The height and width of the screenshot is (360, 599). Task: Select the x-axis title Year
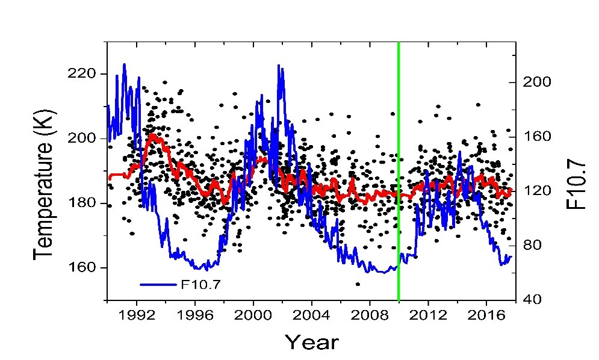pyautogui.click(x=311, y=342)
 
